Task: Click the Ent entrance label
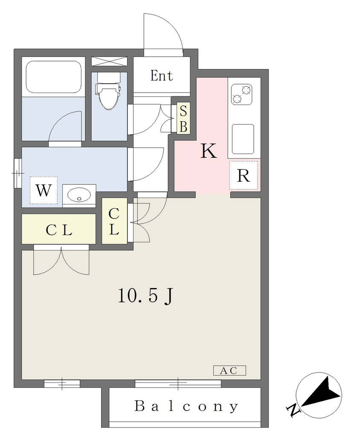tap(162, 76)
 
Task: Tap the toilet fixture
tap(108, 91)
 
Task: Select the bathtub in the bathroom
tap(54, 77)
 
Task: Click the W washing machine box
tap(44, 190)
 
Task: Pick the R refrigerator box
tap(243, 175)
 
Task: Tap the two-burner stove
tap(242, 94)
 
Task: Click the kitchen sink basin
tap(243, 139)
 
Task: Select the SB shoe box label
tap(183, 118)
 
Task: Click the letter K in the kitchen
tap(209, 151)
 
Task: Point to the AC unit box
tap(229, 370)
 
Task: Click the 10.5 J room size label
tap(145, 296)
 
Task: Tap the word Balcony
tap(186, 407)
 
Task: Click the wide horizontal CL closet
tap(59, 229)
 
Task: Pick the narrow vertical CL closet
tap(114, 221)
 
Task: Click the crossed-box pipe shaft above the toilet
tap(109, 61)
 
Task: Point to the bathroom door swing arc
tap(61, 120)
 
